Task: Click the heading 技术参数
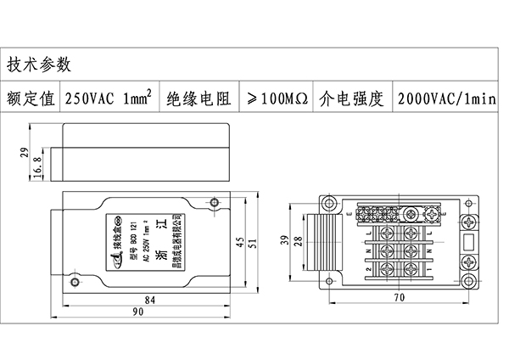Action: pos(40,65)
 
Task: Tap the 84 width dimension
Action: pos(149,301)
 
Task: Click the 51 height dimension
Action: pos(255,244)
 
